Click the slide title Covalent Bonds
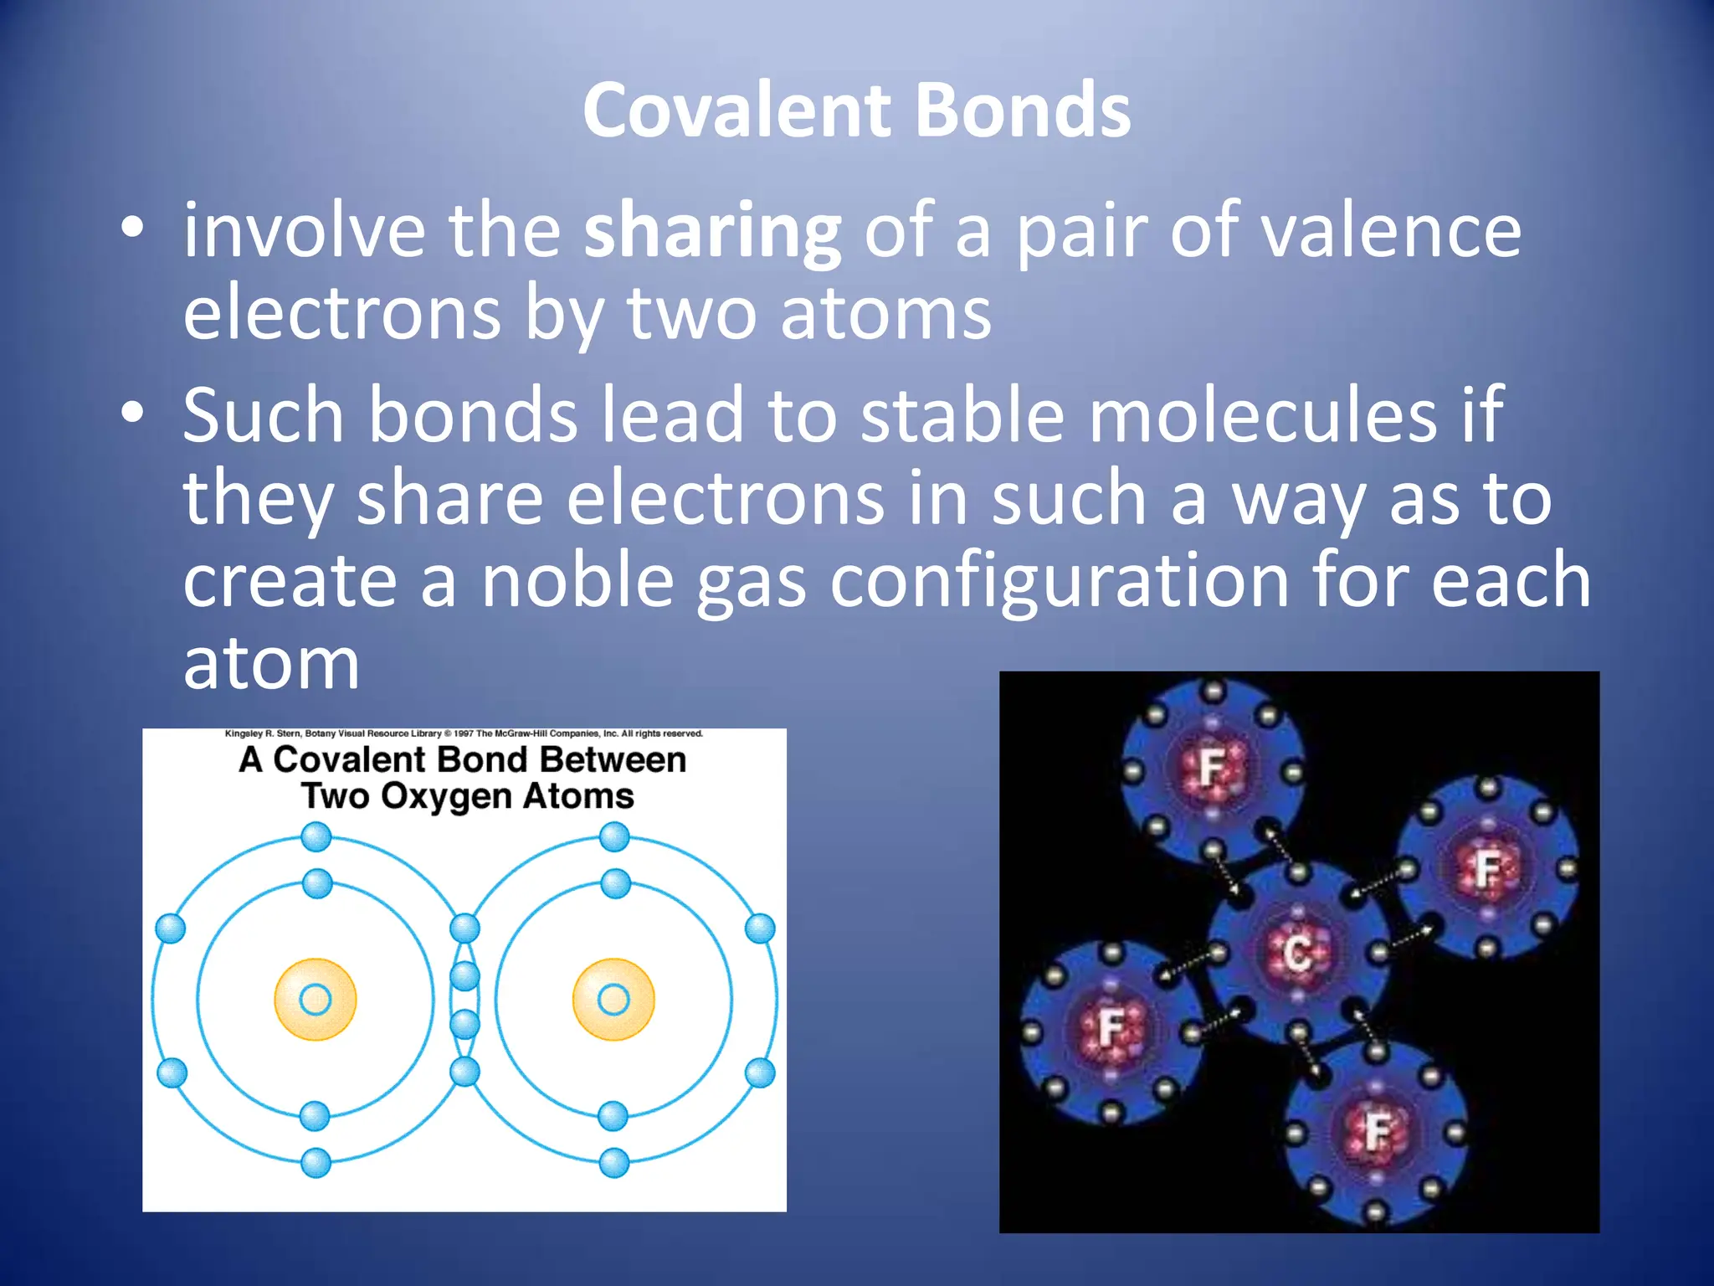pyautogui.click(x=856, y=111)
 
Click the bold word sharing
pyautogui.click(x=711, y=232)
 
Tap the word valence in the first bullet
pyautogui.click(x=1391, y=232)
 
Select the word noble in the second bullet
pyautogui.click(x=577, y=582)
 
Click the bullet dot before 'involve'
pyautogui.click(x=132, y=228)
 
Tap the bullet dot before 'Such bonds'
pyautogui.click(x=132, y=412)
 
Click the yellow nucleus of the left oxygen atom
pyautogui.click(x=316, y=999)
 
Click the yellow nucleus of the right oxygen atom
pyautogui.click(x=613, y=999)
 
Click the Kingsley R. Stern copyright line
pyautogui.click(x=464, y=733)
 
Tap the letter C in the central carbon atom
pyautogui.click(x=1296, y=953)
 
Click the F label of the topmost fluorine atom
pyautogui.click(x=1211, y=766)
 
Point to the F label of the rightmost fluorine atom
pyautogui.click(x=1487, y=868)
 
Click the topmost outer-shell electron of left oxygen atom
pyautogui.click(x=316, y=836)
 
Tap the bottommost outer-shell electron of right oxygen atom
pyautogui.click(x=613, y=1163)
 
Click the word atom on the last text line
pyautogui.click(x=271, y=664)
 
